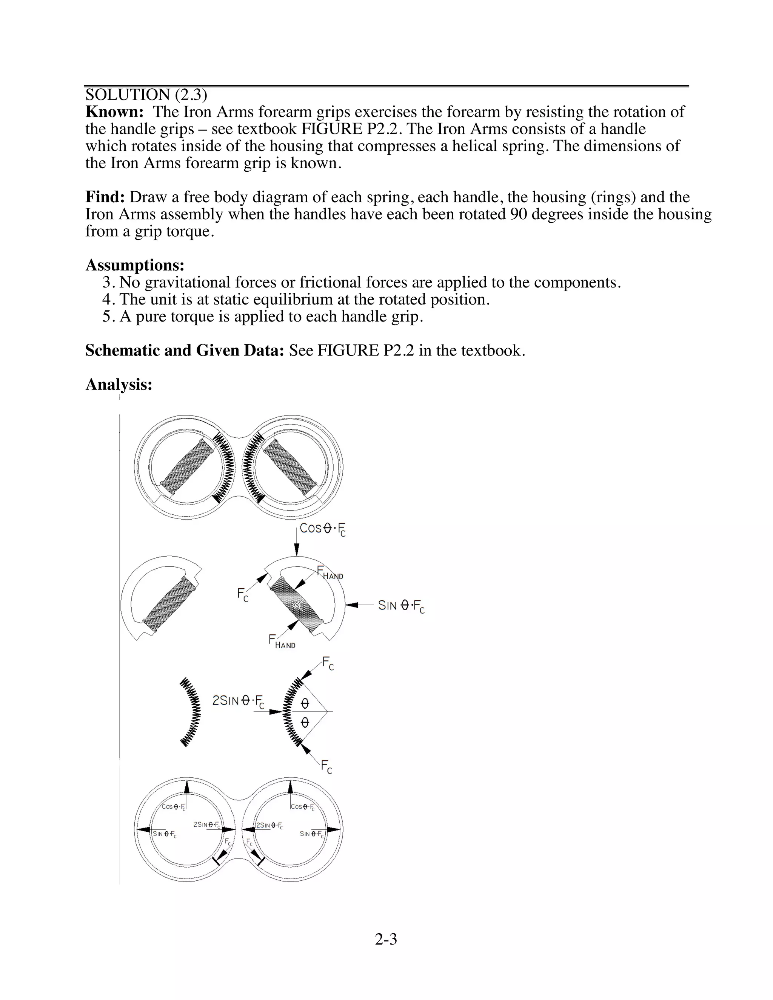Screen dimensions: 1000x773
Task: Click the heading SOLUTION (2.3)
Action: (x=146, y=95)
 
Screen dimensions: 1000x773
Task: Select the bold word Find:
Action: (x=105, y=197)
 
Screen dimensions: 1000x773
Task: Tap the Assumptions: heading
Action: (x=135, y=265)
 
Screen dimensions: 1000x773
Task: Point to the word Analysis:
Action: (x=119, y=384)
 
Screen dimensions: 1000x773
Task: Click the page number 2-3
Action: (x=386, y=939)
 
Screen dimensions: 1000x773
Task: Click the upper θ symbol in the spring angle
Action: (x=305, y=703)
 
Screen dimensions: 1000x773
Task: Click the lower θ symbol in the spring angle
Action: (x=305, y=723)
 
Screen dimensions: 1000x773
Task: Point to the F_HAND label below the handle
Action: (x=282, y=642)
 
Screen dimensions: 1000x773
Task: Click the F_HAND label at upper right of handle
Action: (x=330, y=573)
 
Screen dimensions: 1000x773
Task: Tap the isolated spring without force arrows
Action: (x=191, y=712)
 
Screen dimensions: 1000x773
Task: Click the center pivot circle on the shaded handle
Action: (x=297, y=605)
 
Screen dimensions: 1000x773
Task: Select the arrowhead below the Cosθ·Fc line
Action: (x=297, y=549)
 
